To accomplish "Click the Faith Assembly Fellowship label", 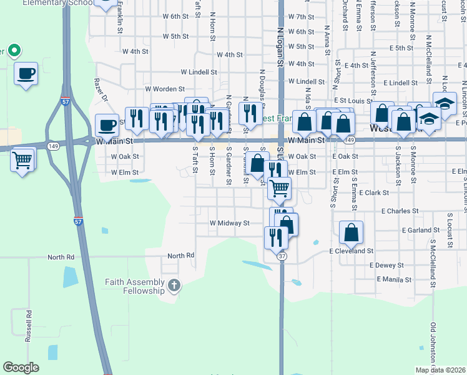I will (x=134, y=286).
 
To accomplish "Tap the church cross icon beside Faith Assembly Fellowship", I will (x=174, y=286).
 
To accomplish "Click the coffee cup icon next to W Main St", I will (x=107, y=124).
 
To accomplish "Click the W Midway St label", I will (x=229, y=223).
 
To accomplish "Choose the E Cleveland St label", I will (x=351, y=251).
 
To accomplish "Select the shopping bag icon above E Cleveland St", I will (x=351, y=232).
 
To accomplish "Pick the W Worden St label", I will (x=165, y=89).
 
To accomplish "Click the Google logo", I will (x=21, y=367).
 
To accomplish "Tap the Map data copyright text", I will (x=440, y=370).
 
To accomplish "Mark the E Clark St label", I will (x=374, y=192).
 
